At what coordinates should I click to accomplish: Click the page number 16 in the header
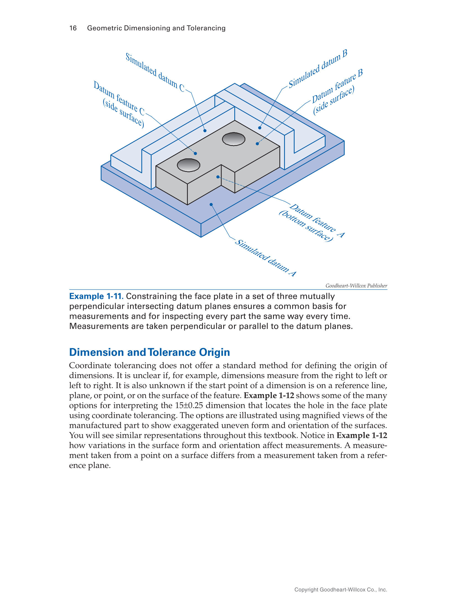click(73, 28)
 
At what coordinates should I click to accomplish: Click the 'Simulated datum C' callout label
click(155, 72)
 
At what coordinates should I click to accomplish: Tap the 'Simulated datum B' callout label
click(318, 69)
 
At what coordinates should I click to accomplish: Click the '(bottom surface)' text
click(306, 226)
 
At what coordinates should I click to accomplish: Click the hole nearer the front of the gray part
click(189, 165)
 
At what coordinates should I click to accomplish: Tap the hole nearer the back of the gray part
click(233, 139)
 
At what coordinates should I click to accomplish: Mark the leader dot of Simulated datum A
click(211, 205)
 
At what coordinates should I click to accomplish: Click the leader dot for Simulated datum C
click(205, 130)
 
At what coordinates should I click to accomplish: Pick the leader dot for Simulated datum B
click(259, 128)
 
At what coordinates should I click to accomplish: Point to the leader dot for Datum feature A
click(218, 177)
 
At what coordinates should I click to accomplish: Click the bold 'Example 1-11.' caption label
click(96, 296)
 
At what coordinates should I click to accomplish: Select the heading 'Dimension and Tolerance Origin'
click(149, 352)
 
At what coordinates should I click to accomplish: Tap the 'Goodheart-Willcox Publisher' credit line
click(356, 286)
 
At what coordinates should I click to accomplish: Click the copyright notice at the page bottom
click(341, 590)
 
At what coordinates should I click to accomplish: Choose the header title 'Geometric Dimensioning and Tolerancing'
click(156, 28)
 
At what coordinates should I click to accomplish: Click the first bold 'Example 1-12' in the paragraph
click(269, 396)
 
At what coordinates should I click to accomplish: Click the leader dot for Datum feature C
click(195, 153)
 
